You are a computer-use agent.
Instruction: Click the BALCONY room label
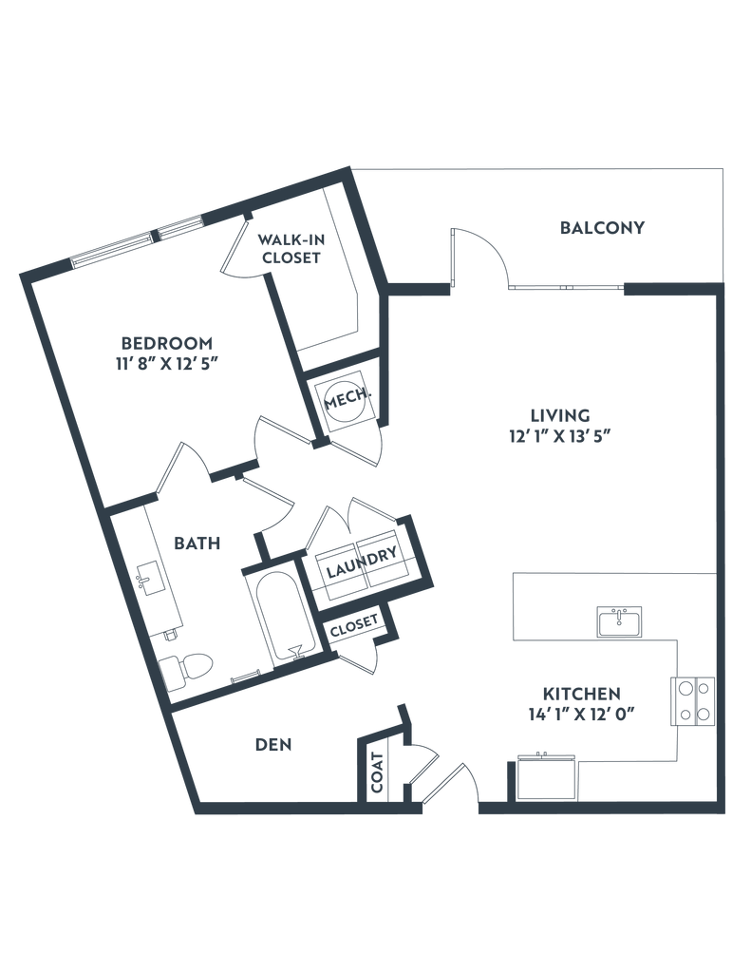coord(603,228)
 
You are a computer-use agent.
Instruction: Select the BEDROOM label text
coord(166,341)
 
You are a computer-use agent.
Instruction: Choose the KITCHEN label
coord(581,692)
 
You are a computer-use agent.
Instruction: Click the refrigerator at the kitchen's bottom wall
coord(542,779)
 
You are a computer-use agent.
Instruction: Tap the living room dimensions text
coord(560,437)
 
